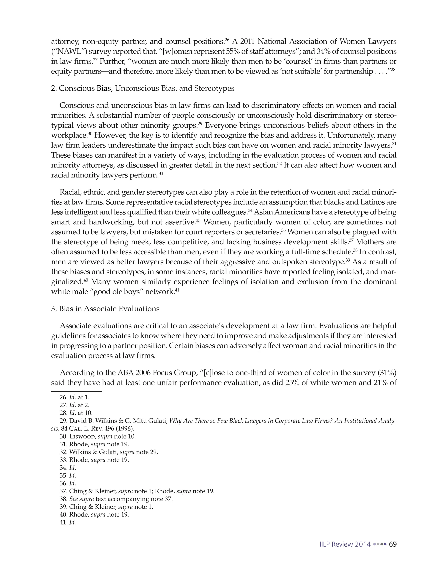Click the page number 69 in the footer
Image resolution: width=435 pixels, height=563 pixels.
(393, 545)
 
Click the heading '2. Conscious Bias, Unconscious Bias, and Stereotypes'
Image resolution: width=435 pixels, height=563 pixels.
(143, 88)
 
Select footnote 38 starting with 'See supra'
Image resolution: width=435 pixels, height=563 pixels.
(116, 499)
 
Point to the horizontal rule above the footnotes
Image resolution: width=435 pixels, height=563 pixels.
(77, 391)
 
